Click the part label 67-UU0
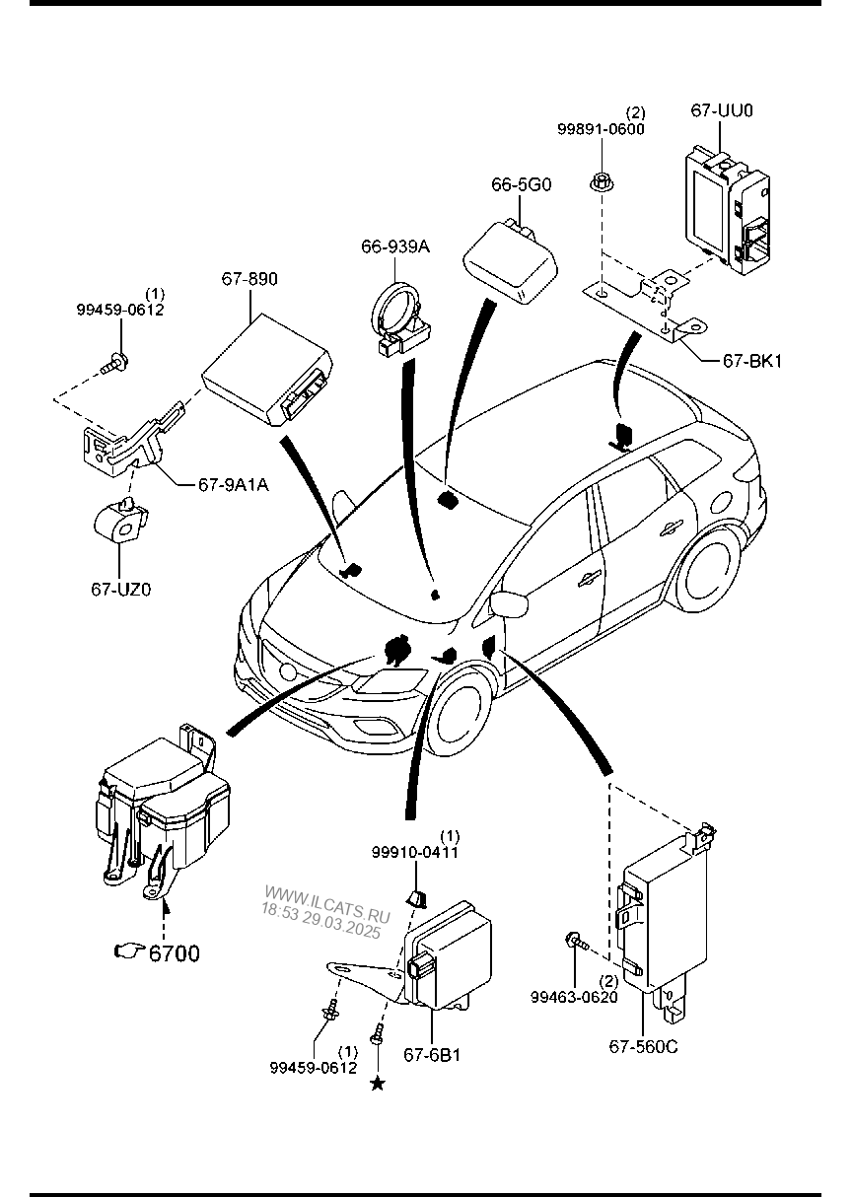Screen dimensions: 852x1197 click(x=722, y=110)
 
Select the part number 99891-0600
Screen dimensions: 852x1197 click(x=601, y=129)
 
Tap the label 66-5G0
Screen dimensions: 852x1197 click(x=521, y=185)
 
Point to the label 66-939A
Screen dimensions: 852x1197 click(x=395, y=246)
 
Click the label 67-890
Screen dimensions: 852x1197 click(x=249, y=278)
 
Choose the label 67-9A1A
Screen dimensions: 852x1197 click(x=234, y=485)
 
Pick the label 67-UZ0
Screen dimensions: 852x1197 click(x=120, y=589)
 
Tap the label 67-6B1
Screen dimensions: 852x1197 click(x=432, y=1054)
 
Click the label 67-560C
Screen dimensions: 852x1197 click(x=643, y=1046)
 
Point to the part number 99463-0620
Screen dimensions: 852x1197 click(x=574, y=997)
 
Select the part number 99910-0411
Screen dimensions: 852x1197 click(x=415, y=852)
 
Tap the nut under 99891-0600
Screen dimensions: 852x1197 click(x=602, y=181)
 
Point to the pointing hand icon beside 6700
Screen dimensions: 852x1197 click(x=130, y=951)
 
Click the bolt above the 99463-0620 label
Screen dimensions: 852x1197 click(x=577, y=942)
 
